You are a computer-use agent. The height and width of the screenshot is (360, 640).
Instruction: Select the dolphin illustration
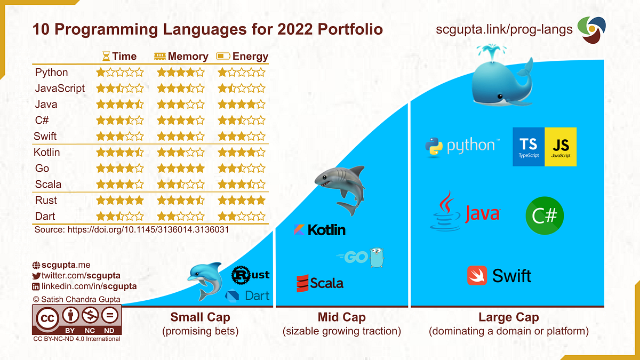205,280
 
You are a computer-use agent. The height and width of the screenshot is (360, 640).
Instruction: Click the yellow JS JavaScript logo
561,147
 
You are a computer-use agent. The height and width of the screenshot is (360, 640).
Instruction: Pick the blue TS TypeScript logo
529,147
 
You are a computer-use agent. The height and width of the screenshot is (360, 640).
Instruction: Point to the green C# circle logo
545,216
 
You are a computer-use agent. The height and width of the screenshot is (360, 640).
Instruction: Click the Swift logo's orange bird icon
477,276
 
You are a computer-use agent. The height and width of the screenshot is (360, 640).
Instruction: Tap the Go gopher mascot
377,257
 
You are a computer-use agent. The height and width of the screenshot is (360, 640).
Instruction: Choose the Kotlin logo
319,230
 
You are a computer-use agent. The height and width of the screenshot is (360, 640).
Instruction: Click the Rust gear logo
243,275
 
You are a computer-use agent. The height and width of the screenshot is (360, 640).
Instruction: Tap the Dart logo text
256,295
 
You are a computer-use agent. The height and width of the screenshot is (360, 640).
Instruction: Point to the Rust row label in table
46,201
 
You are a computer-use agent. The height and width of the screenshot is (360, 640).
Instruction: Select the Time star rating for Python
119,73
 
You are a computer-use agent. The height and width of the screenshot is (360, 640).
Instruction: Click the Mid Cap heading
341,317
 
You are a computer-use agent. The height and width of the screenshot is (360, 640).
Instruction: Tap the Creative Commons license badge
77,319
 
